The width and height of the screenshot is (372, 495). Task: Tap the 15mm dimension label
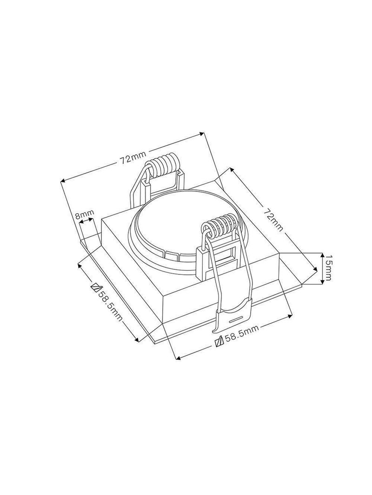coord(329,268)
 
